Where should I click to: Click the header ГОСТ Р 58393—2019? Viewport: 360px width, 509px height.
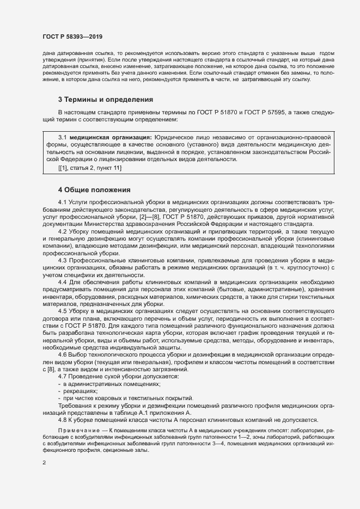[x=72, y=36]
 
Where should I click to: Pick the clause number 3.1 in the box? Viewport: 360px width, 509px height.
[x=62, y=138]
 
